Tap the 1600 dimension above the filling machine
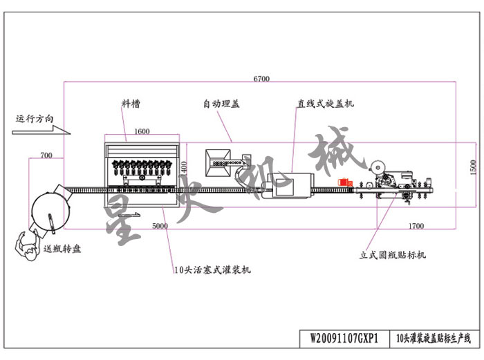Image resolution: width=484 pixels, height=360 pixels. coord(142,131)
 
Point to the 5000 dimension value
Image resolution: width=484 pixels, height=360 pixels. coord(160,225)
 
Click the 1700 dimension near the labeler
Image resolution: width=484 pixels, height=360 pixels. coord(416,225)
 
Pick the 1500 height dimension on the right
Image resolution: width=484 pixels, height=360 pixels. coord(473,168)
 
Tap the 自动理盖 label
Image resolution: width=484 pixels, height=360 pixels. coord(221,104)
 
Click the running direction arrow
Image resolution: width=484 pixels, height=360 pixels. coord(41,129)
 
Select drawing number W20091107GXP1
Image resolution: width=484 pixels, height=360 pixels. coord(344,339)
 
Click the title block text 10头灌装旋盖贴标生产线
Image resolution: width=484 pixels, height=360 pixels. coord(431,339)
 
